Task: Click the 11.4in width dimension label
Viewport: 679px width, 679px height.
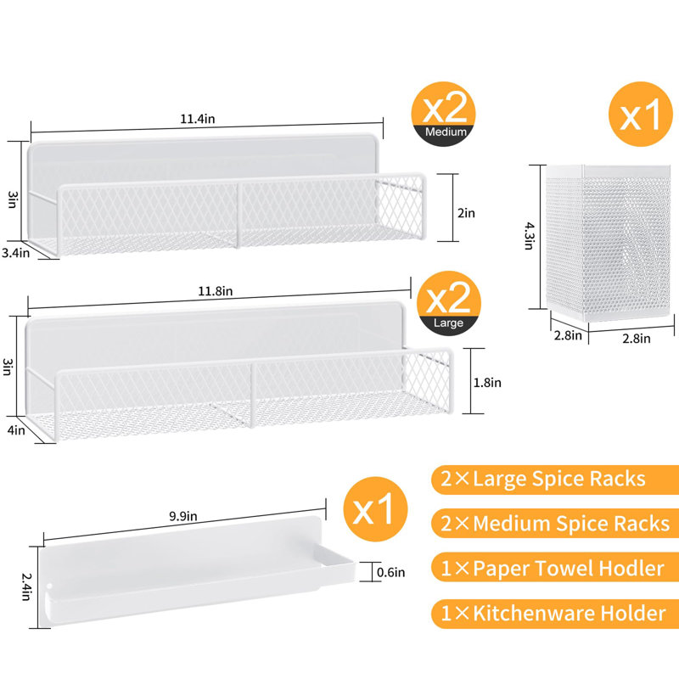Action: (198, 119)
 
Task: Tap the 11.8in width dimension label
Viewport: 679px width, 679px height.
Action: (216, 291)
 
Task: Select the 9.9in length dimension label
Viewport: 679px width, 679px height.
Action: (183, 516)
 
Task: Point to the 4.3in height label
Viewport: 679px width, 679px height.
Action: (529, 236)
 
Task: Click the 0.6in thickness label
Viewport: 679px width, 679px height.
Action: (391, 572)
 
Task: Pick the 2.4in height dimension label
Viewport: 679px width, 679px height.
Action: (26, 586)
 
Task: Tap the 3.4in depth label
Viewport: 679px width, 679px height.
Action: (16, 252)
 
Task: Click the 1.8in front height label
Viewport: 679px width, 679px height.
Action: (487, 383)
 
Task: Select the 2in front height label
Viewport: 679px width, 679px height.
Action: (466, 213)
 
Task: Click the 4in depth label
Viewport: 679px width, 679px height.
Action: (16, 430)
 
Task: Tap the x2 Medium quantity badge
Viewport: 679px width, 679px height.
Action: (443, 114)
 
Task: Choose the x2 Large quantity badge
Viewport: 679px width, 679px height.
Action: (449, 303)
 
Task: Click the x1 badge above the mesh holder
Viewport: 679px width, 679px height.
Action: (641, 114)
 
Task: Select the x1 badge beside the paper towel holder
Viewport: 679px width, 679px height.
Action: (375, 509)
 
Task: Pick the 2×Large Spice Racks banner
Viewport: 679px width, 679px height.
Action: (555, 480)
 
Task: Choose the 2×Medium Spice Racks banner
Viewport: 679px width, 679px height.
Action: (555, 523)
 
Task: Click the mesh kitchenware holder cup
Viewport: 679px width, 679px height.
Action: (608, 243)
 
